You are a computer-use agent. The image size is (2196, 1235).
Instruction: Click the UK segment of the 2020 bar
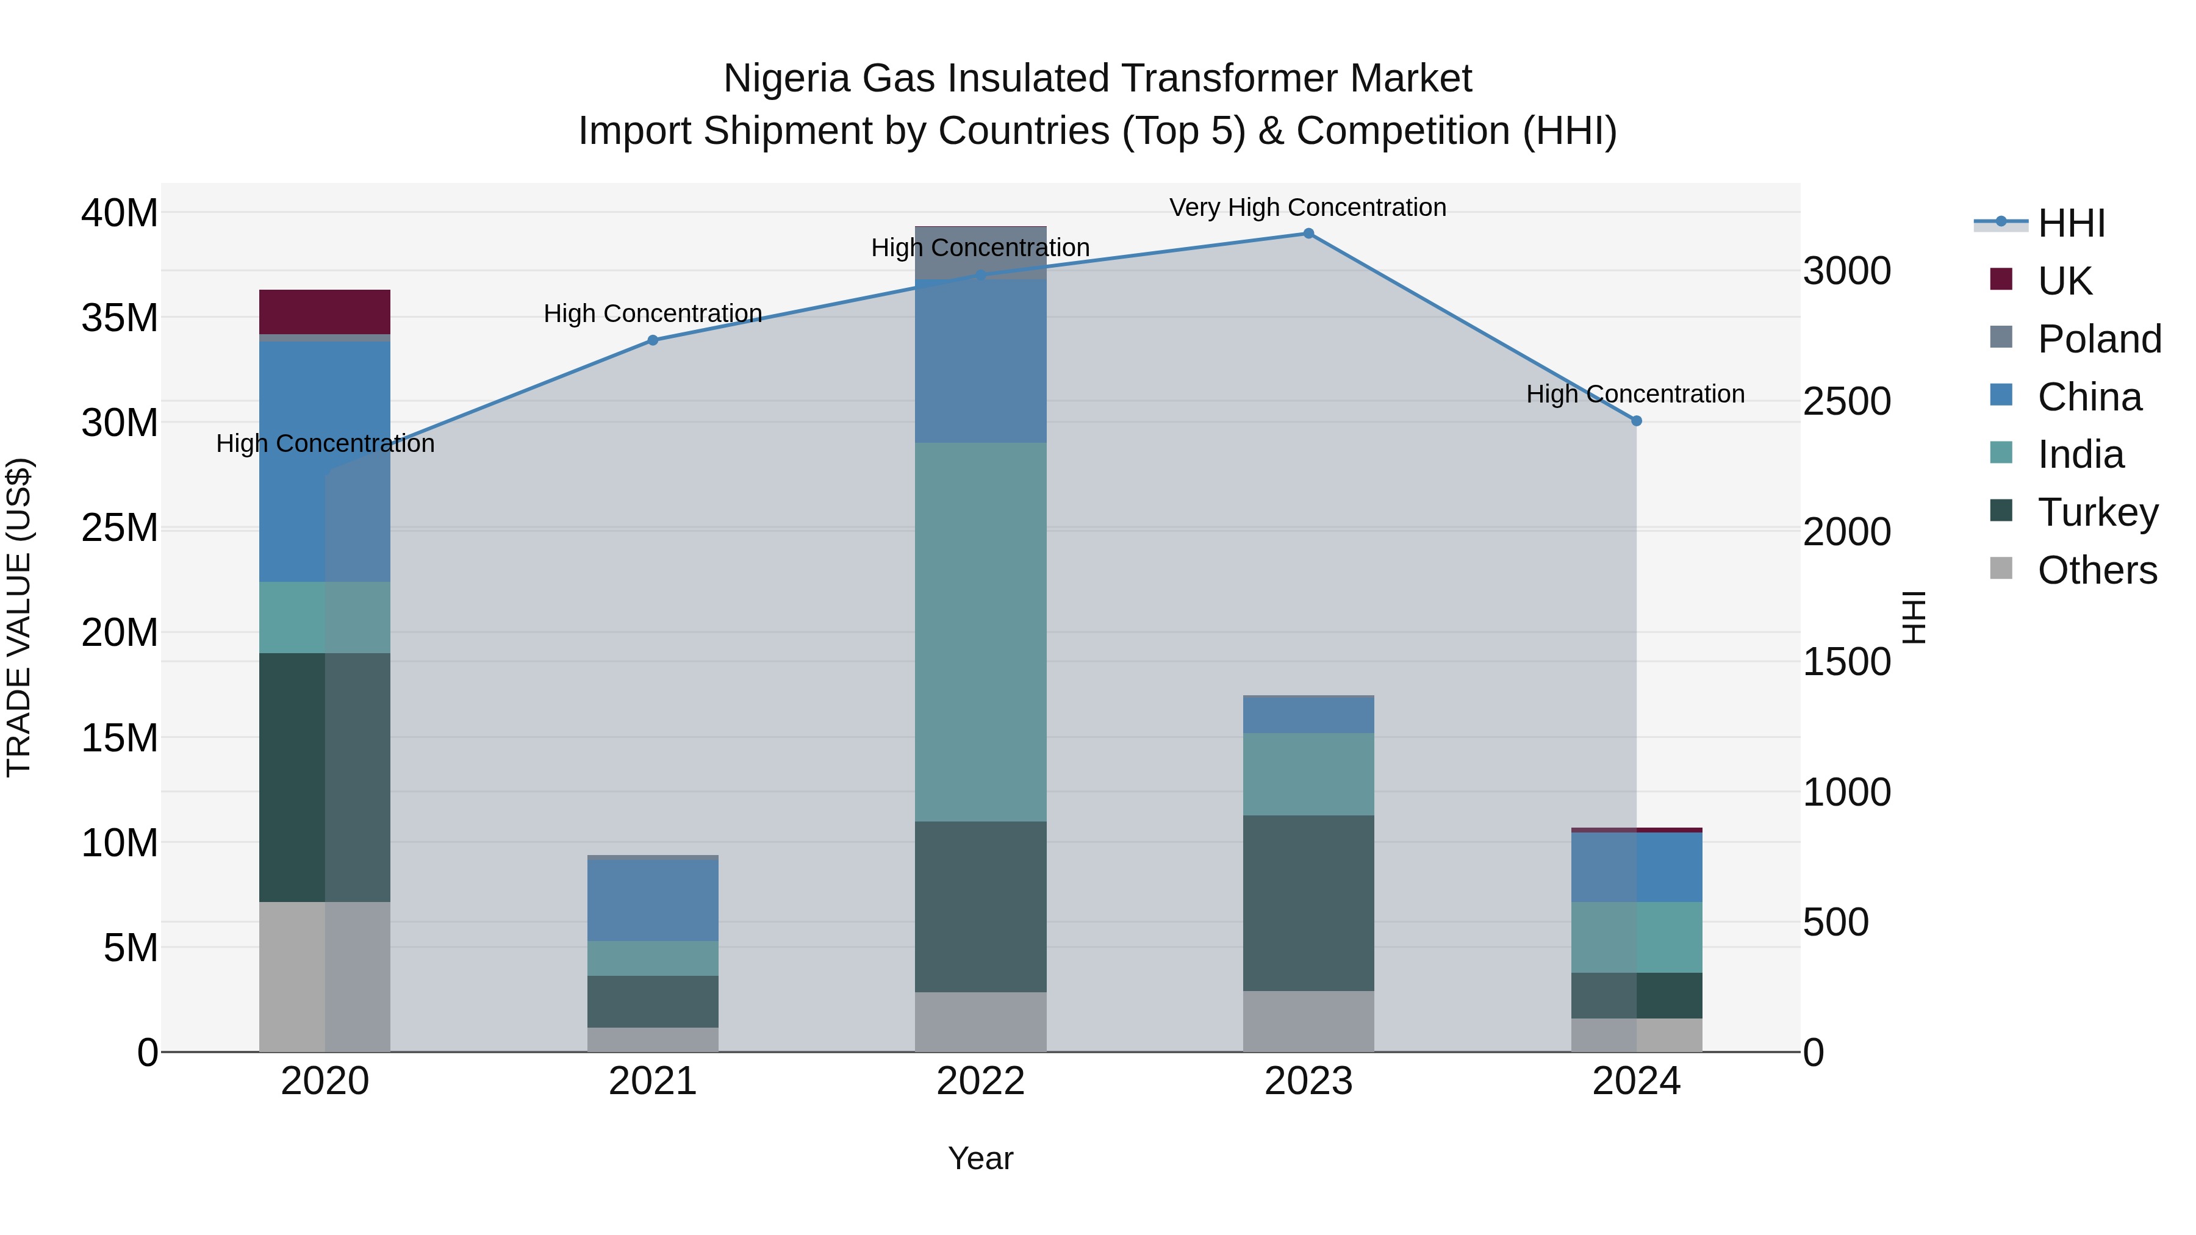(x=324, y=312)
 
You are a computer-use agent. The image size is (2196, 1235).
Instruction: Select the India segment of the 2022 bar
(x=980, y=632)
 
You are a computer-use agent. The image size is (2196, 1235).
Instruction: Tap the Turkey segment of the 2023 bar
(x=1308, y=903)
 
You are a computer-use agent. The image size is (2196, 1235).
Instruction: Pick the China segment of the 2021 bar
(x=652, y=900)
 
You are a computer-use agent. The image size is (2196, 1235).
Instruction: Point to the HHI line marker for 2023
(x=1308, y=234)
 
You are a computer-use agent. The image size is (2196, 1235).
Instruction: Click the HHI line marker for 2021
(x=653, y=340)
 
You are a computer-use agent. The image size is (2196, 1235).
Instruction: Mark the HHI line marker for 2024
(x=1636, y=421)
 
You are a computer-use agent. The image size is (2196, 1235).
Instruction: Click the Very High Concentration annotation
(x=1308, y=207)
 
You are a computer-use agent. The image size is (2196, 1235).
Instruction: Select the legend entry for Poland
(x=2099, y=339)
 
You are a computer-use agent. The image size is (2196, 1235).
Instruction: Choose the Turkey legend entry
(x=2097, y=512)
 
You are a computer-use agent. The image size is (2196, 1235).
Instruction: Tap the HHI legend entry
(x=2071, y=223)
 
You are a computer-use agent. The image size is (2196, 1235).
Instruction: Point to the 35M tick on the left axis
(x=120, y=318)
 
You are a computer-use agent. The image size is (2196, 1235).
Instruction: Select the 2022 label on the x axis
(x=980, y=1081)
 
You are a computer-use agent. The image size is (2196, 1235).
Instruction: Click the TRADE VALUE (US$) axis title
(x=19, y=617)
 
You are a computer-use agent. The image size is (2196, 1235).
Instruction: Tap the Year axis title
(x=980, y=1158)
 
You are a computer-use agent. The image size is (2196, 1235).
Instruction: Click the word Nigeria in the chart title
(x=786, y=79)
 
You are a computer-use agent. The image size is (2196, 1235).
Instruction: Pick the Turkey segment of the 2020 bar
(x=324, y=778)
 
